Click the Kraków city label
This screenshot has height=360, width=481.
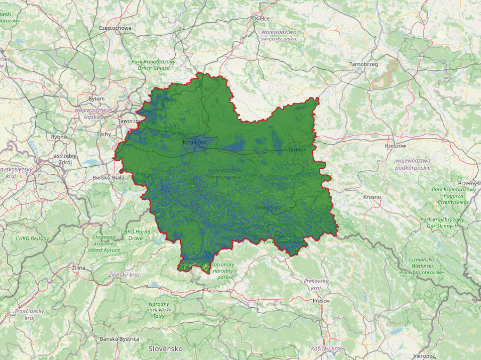tap(194, 143)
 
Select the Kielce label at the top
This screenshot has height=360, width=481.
tap(263, 19)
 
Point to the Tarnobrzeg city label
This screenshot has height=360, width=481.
tap(363, 64)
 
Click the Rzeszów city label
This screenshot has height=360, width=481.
tap(395, 145)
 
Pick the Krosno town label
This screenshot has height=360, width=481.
tap(372, 197)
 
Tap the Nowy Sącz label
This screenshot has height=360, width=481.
tap(268, 207)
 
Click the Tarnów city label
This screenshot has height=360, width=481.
tap(297, 150)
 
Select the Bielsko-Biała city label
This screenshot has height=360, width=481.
tap(109, 177)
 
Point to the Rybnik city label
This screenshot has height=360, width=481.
tap(59, 137)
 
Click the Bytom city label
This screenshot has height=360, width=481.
tap(96, 99)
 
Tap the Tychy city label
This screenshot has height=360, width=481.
tap(103, 134)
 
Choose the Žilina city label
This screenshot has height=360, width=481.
tap(79, 267)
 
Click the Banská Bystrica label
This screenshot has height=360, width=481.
tap(119, 339)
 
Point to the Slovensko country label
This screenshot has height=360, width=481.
tap(166, 349)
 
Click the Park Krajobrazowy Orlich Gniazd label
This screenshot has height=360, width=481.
tap(153, 65)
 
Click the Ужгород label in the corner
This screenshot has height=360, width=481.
tap(425, 356)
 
